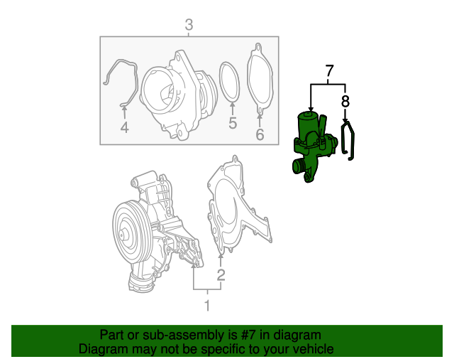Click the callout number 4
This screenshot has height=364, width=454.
pos(124,128)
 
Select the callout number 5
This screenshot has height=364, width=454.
pos(232,124)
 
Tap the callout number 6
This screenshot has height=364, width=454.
pos(260,134)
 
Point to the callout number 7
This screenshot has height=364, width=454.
pos(329,71)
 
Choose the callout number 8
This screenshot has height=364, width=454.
pos(345,101)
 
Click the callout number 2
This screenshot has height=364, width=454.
pos(221,274)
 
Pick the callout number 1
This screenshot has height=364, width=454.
pos(207,306)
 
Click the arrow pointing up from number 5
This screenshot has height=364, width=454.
pos(232,107)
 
